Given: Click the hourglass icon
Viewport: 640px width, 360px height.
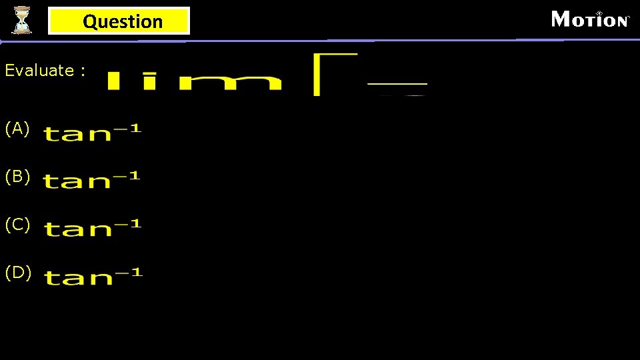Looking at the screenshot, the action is [x=22, y=19].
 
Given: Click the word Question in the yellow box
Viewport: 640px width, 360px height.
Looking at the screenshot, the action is [x=123, y=21].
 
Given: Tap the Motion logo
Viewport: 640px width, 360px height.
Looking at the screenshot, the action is [x=590, y=19].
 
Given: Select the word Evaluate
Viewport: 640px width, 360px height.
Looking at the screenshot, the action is [x=39, y=70].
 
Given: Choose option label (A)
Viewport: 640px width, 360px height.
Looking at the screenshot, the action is [x=17, y=129].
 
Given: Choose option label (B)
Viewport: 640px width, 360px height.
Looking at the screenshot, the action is [x=17, y=177].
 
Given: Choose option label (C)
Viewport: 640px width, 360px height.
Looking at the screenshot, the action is [x=17, y=225].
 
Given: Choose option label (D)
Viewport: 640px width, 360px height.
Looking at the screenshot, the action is [x=17, y=273].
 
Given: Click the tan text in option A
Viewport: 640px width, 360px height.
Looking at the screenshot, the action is [x=77, y=134].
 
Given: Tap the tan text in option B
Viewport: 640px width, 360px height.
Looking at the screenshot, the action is [x=76, y=181].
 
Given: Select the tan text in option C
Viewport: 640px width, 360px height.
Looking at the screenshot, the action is [x=77, y=229].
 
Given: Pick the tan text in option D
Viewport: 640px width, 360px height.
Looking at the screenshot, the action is [x=77, y=277].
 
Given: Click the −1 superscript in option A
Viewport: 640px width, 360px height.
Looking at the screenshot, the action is [x=127, y=128].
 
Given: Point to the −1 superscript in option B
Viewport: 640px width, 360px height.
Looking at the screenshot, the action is [x=126, y=175].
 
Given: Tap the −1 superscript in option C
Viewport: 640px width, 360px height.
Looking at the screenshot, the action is [x=127, y=224].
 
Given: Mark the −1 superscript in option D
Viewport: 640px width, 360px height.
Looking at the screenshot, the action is [x=129, y=272].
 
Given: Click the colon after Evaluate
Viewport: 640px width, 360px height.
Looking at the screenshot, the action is [x=82, y=71].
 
